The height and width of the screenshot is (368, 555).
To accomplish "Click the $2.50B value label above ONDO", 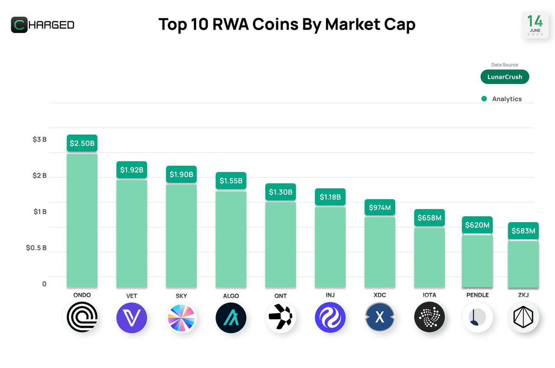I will (82, 143).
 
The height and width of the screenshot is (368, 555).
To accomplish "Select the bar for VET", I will (131, 234).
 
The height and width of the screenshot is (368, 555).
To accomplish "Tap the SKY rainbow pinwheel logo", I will (181, 318).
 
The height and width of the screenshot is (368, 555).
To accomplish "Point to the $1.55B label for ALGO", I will (231, 181).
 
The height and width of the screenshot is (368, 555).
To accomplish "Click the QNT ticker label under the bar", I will (280, 295).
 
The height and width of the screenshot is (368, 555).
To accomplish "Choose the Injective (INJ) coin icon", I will (330, 318).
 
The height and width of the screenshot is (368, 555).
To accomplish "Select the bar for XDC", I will (380, 252).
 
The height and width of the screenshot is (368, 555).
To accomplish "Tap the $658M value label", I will (429, 218).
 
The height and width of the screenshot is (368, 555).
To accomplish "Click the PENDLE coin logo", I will (477, 318).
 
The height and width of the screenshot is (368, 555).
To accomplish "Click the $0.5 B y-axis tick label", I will (36, 248).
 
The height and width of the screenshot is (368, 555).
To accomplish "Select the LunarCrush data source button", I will (504, 77).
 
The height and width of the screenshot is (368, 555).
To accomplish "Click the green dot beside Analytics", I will (484, 99).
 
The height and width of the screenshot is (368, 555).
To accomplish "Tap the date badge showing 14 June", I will (535, 25).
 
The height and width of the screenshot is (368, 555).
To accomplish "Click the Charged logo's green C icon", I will (20, 25).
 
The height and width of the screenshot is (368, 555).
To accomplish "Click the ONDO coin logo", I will (82, 318).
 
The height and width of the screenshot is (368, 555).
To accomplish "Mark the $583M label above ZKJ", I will (523, 231).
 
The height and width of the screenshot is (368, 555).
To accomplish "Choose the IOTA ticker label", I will (429, 295).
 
